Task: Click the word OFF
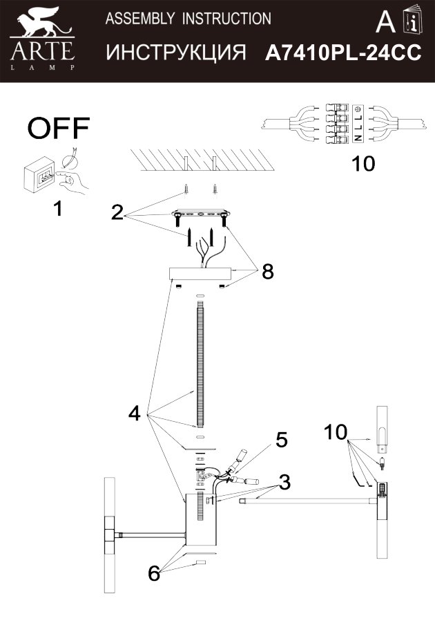coord(59,128)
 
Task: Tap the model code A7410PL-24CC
coord(343,54)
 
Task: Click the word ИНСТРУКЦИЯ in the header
coord(177,53)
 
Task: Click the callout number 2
coord(117,212)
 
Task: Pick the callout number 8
coord(267,272)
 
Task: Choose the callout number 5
coord(281,440)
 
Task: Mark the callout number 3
coord(283,481)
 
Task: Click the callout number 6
coord(154,573)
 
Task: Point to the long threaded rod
coord(200,366)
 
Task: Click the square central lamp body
coord(202,515)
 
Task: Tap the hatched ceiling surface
coord(200,162)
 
